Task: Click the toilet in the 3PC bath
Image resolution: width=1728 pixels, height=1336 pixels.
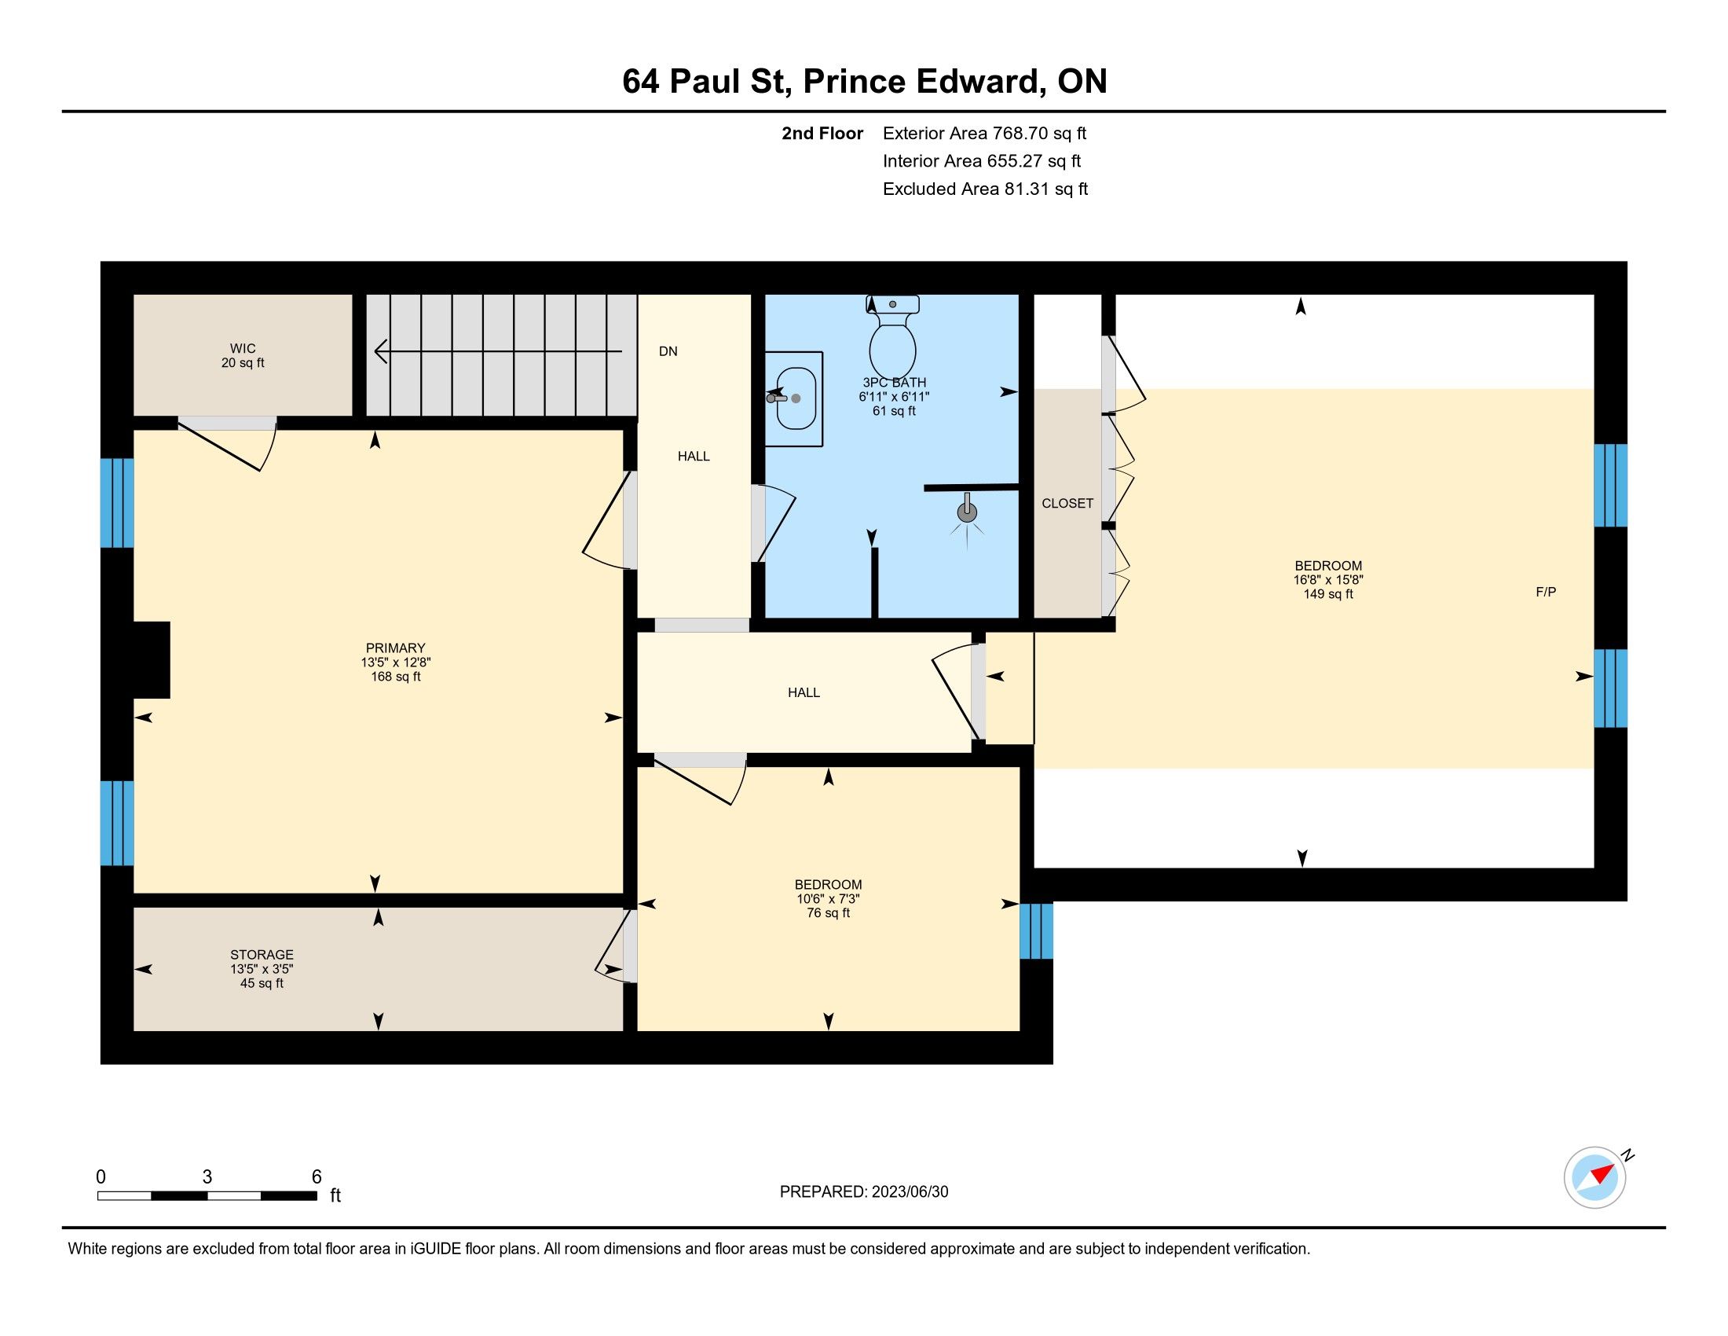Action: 892,336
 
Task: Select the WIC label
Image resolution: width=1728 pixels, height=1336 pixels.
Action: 243,348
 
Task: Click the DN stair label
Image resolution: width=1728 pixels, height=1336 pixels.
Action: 668,351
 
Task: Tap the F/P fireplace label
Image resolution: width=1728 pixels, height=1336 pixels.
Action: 1546,592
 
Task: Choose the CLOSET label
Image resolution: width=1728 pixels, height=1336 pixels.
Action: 1067,504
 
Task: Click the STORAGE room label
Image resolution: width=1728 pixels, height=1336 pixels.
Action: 262,955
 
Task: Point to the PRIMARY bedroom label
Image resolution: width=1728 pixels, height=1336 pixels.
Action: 396,648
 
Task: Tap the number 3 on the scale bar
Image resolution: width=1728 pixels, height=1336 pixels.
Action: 207,1177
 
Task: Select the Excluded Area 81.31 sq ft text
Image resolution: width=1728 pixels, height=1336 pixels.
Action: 985,189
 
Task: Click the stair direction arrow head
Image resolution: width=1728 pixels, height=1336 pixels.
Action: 381,351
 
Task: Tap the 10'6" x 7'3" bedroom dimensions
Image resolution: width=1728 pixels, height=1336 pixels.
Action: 829,899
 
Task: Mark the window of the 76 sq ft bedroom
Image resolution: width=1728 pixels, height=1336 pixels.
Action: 1037,931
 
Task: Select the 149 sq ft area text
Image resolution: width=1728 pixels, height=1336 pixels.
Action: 1328,594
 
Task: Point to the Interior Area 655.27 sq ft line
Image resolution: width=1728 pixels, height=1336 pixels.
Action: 982,161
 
